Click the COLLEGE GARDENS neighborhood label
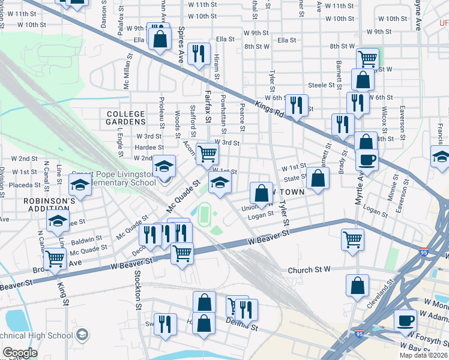coord(126,118)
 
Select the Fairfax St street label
coord(208,106)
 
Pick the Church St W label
coord(309,270)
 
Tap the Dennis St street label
coord(241,328)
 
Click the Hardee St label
coord(149,147)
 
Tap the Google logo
coord(20,353)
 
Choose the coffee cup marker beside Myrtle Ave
coord(367,159)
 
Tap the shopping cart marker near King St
coord(55,259)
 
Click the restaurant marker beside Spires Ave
coord(198,53)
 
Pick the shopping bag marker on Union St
coord(261,193)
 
